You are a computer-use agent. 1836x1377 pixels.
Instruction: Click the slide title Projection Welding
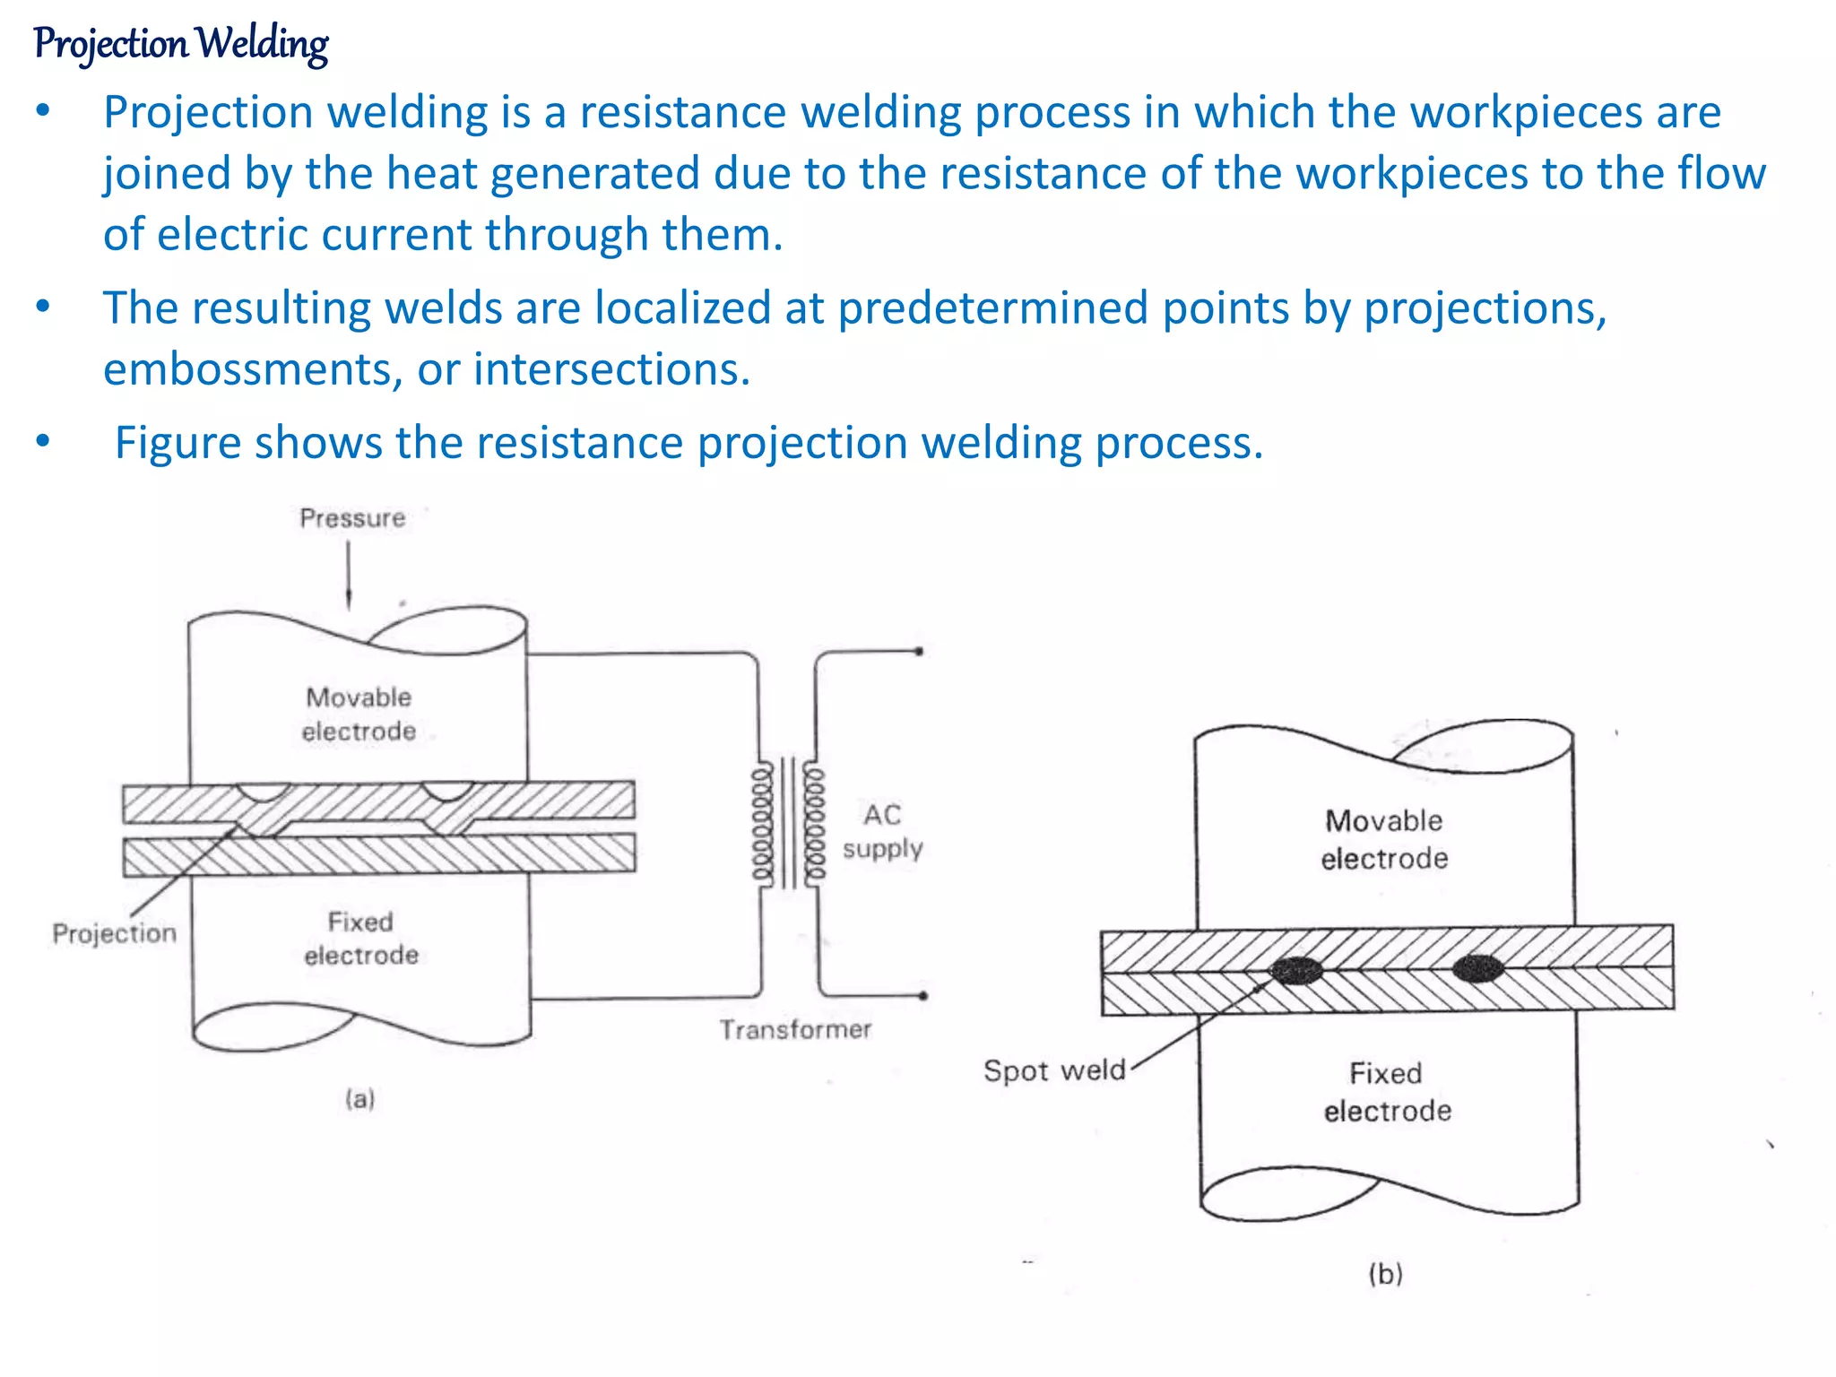coord(181,43)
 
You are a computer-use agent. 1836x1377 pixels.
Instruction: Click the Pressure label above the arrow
coord(352,518)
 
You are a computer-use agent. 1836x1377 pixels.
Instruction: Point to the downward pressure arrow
coord(349,575)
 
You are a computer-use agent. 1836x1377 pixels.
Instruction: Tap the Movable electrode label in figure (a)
coord(359,714)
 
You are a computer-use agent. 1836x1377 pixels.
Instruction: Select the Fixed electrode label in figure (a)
coord(361,939)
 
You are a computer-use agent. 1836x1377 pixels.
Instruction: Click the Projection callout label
coord(114,933)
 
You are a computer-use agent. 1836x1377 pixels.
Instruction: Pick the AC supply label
coord(882,831)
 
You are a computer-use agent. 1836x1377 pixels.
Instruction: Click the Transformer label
coord(795,1029)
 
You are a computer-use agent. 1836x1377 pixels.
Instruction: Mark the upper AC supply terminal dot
coord(919,652)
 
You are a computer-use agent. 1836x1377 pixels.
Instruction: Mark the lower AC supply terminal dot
coord(923,996)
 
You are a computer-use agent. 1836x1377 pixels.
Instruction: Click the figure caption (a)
coord(360,1099)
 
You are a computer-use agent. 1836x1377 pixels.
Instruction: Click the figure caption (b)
coord(1385,1274)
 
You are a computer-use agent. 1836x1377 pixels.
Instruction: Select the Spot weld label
coord(1054,1070)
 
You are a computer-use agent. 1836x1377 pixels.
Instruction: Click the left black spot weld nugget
coord(1296,971)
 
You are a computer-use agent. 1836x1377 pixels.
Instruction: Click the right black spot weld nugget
coord(1477,969)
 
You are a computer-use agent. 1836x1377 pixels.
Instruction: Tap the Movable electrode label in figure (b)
coord(1384,840)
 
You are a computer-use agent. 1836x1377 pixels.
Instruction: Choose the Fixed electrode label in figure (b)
coord(1387,1092)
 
